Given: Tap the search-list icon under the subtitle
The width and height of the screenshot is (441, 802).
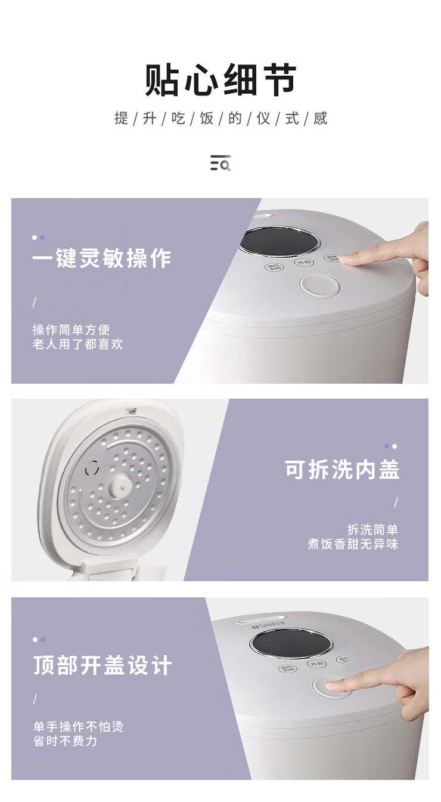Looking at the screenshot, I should pos(220,163).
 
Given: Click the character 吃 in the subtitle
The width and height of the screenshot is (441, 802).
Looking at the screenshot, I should pos(178,118).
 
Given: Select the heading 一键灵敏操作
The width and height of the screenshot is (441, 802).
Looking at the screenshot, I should pos(102,259).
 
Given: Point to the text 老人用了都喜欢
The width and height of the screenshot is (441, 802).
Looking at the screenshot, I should pos(77,344).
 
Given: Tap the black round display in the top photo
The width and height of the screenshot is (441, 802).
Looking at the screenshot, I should pos(279,242).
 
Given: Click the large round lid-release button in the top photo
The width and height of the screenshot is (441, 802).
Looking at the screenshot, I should pos(319,286).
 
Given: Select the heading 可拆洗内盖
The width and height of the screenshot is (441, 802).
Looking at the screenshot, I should pos(341,470).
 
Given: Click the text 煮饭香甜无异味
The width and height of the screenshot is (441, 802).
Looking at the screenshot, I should pos(352,544).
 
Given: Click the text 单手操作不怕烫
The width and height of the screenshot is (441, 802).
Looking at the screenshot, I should pos(78,727).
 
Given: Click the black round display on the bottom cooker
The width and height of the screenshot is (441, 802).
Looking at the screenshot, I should pos(292,644).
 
